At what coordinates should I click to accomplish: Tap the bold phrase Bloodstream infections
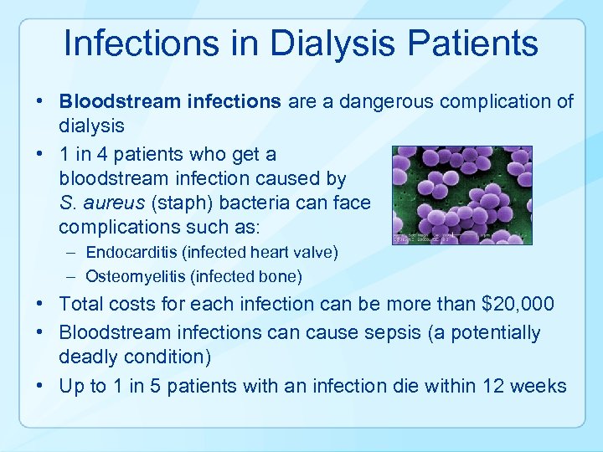[170, 102]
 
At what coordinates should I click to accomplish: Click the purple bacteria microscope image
[461, 195]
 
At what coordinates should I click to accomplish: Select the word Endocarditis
[126, 252]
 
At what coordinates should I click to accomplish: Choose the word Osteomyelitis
[130, 275]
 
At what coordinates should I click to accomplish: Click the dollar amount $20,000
[523, 306]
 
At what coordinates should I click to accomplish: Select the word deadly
[86, 357]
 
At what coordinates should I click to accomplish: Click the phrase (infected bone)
[250, 275]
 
